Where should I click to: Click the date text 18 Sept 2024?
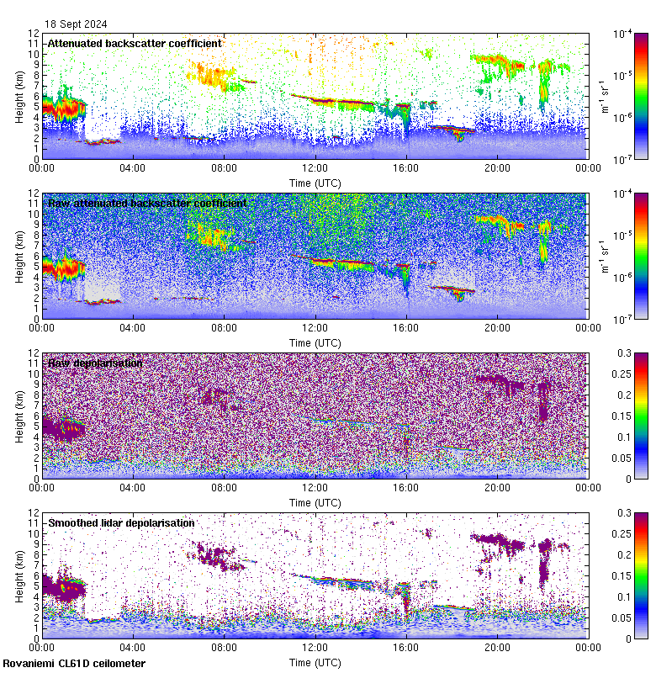76,24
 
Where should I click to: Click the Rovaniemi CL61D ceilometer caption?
73,664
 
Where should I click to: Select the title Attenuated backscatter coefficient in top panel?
135,43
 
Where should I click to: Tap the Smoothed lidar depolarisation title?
121,522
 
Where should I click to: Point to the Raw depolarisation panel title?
95,363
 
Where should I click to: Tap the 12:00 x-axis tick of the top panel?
315,167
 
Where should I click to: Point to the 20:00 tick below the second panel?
497,327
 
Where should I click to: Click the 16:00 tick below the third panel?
406,487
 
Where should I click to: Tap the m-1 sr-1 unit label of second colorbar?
604,256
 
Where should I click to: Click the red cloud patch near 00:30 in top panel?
59,108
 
